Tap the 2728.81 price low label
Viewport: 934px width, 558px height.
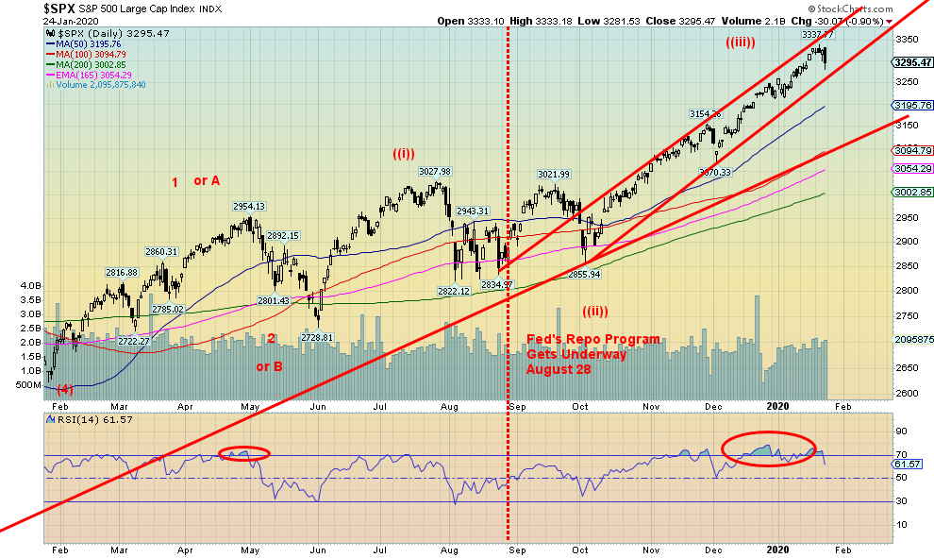coord(316,337)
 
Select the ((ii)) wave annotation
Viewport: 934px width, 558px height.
coord(594,311)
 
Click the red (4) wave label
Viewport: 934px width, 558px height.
coord(63,389)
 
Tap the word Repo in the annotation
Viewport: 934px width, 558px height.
coord(582,339)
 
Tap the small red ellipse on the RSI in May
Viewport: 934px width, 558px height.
coord(244,453)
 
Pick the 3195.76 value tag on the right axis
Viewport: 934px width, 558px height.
coord(910,106)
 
